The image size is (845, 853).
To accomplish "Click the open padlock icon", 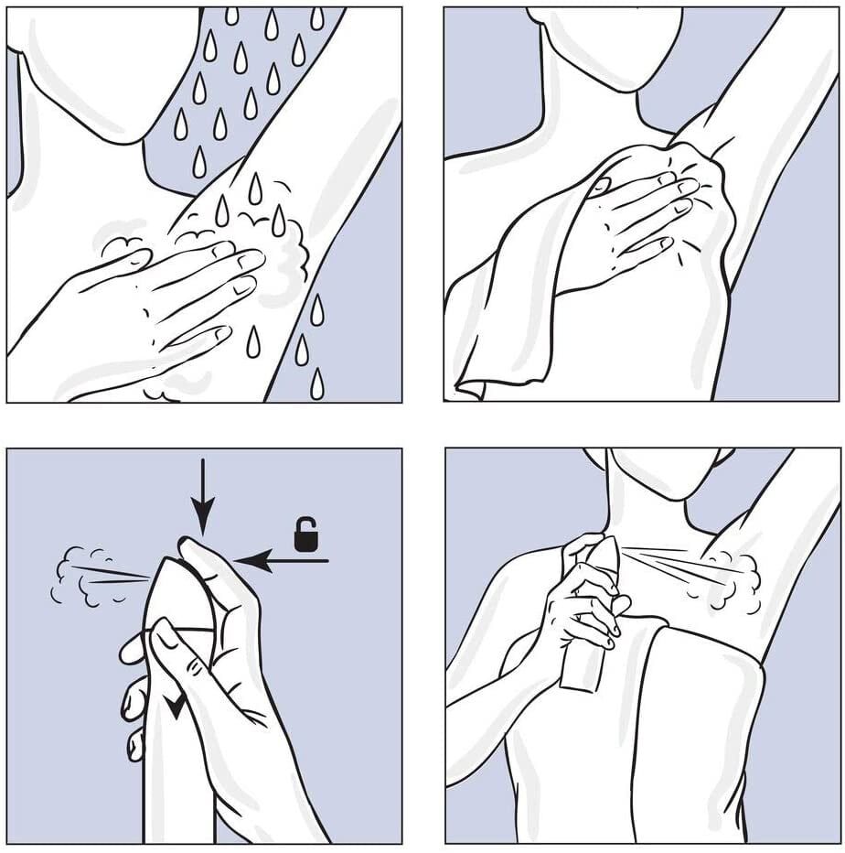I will [305, 534].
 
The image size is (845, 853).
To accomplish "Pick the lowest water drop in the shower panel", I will [316, 384].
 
